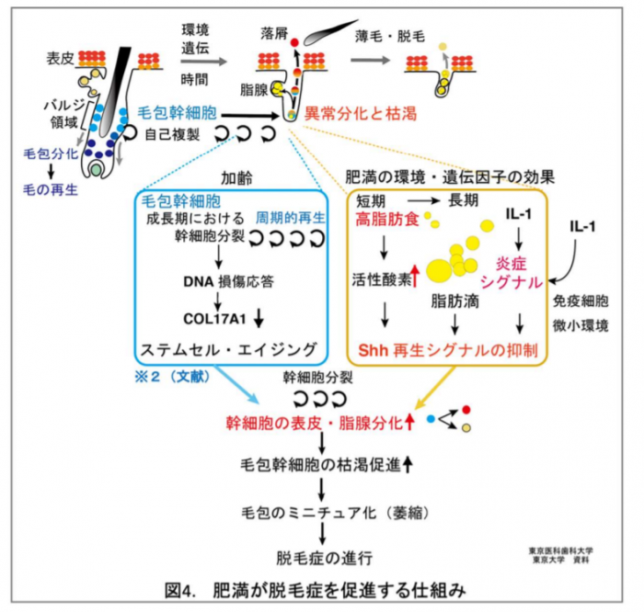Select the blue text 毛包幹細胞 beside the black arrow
pos(176,114)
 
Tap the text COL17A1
pos(211,318)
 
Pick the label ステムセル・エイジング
pos(227,350)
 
